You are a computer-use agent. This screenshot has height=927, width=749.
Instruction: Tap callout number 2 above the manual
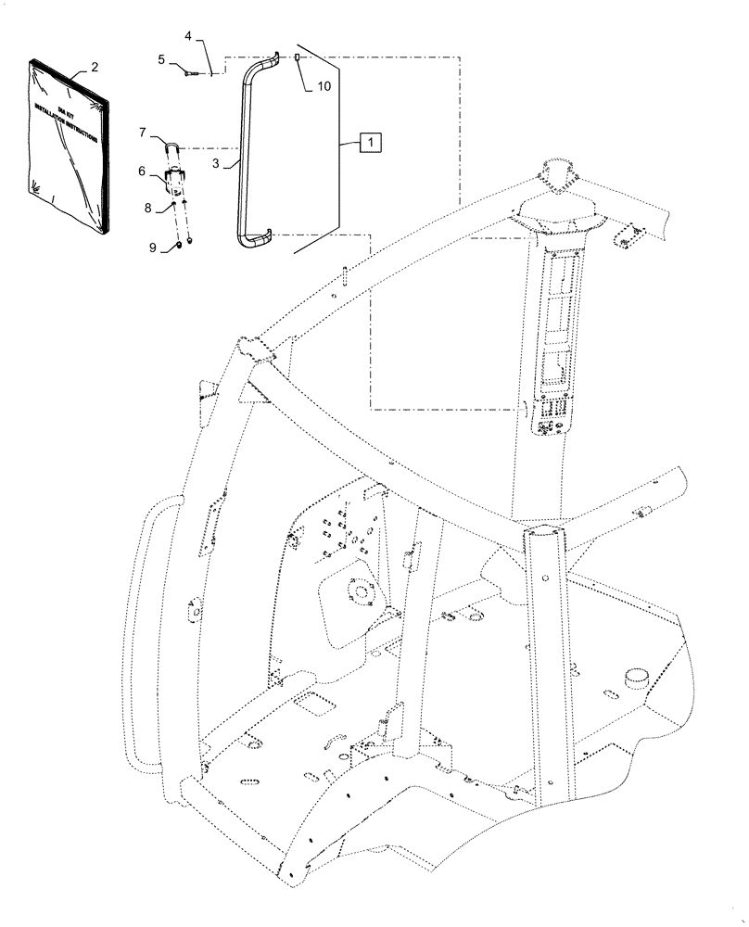tap(94, 69)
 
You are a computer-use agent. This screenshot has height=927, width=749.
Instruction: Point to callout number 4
tap(188, 36)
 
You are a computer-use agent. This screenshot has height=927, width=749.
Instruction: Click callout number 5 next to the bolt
tap(161, 59)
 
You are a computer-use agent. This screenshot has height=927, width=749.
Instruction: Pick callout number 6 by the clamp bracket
tap(143, 171)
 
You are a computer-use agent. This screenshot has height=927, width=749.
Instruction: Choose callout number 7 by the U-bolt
tap(143, 133)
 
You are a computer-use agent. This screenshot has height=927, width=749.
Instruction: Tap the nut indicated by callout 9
tap(176, 247)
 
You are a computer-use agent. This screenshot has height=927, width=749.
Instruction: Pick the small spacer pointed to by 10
tap(297, 58)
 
